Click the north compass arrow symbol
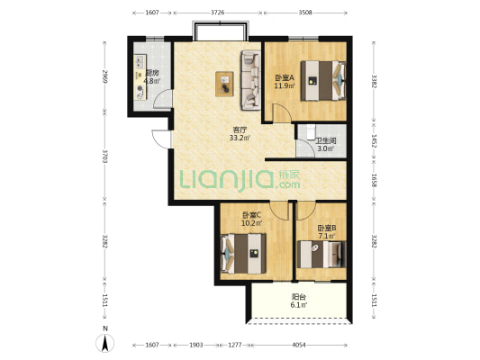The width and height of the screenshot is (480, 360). tap(105, 343)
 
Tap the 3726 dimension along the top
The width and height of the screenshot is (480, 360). tap(218, 13)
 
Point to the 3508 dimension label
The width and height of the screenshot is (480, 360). tap(305, 13)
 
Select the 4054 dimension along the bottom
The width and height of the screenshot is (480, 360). tap(299, 345)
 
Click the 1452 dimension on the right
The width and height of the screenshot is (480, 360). tap(374, 140)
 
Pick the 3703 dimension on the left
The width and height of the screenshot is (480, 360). tap(104, 156)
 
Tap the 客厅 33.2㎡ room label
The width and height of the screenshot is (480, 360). tap(240, 134)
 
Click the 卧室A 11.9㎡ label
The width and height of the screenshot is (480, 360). tap(285, 82)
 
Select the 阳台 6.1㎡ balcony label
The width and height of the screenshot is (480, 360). tap(299, 301)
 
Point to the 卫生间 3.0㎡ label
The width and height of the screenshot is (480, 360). tap(326, 145)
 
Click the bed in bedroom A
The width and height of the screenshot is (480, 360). tap(323, 81)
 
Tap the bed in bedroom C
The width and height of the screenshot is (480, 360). tap(243, 254)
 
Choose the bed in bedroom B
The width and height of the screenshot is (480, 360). tap(322, 255)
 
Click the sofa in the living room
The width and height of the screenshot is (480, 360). tap(251, 80)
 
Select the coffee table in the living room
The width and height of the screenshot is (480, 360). tap(224, 84)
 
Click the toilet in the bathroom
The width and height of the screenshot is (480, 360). tap(311, 130)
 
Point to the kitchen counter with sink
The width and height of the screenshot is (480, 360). tap(140, 77)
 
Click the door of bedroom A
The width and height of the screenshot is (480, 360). tap(282, 112)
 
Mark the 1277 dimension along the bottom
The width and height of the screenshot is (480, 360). tap(235, 345)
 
